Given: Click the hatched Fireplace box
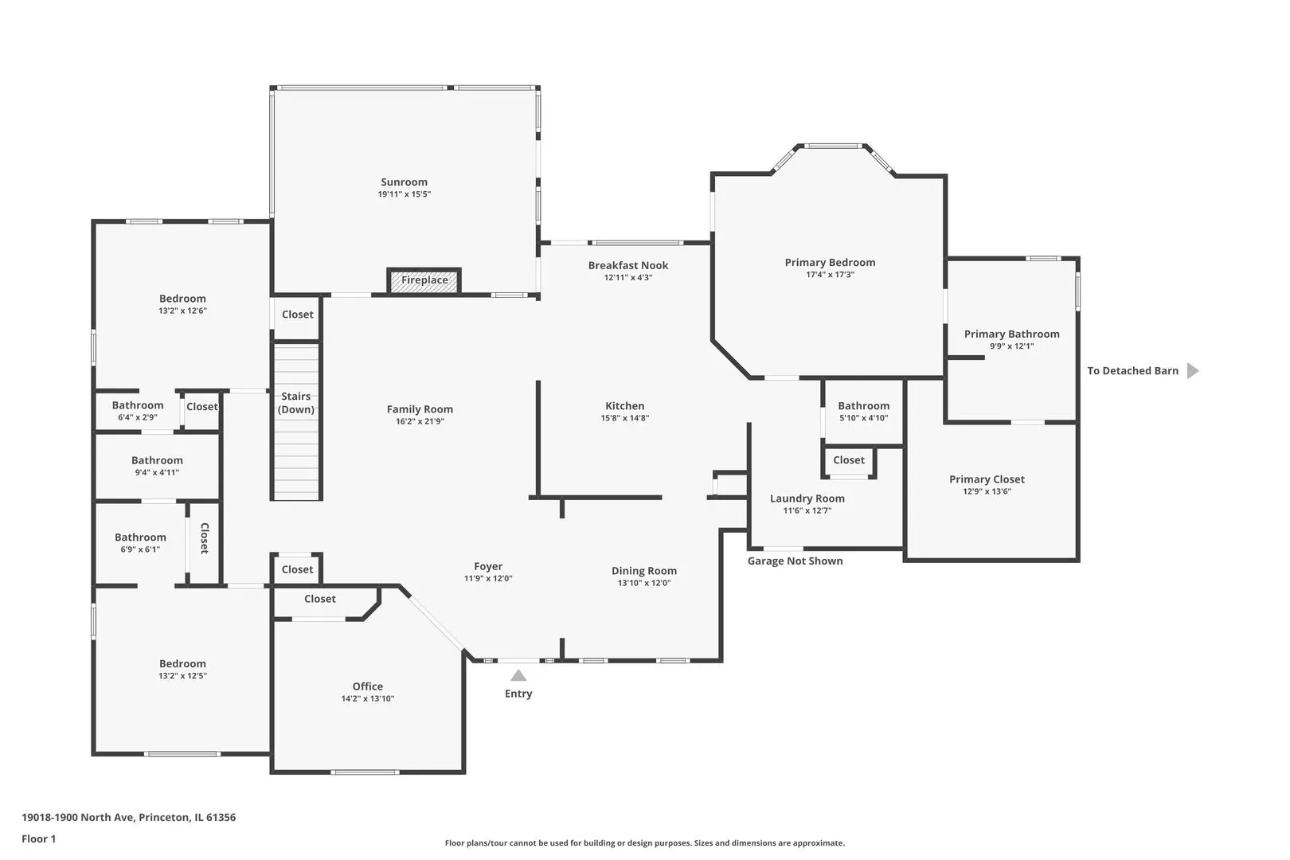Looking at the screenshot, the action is (424, 281).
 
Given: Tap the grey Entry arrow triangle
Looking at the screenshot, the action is (518, 675).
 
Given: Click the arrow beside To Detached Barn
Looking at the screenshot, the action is (1193, 371).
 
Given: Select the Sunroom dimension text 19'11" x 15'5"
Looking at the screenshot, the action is (405, 195).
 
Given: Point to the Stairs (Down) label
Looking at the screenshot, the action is (296, 403).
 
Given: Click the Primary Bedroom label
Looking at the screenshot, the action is (830, 263).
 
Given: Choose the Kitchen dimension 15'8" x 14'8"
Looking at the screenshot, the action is (625, 418).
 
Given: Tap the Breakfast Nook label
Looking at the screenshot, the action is (627, 265).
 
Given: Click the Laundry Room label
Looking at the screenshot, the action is (807, 498).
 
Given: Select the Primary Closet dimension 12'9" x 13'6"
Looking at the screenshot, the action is (987, 491).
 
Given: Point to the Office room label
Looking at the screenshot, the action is (367, 686).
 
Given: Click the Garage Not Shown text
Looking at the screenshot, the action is (795, 561).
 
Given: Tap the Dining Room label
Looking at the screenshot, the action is (644, 571).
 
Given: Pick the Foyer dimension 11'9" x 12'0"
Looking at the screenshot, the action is (488, 578).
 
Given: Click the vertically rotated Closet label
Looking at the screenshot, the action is (204, 538).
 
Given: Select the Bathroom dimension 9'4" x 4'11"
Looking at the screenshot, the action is (157, 472).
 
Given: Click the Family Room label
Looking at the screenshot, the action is (419, 409).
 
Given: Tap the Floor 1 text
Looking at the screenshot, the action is (38, 838).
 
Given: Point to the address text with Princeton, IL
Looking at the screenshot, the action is (128, 817).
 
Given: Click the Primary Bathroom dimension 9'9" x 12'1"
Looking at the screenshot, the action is (1011, 346).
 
